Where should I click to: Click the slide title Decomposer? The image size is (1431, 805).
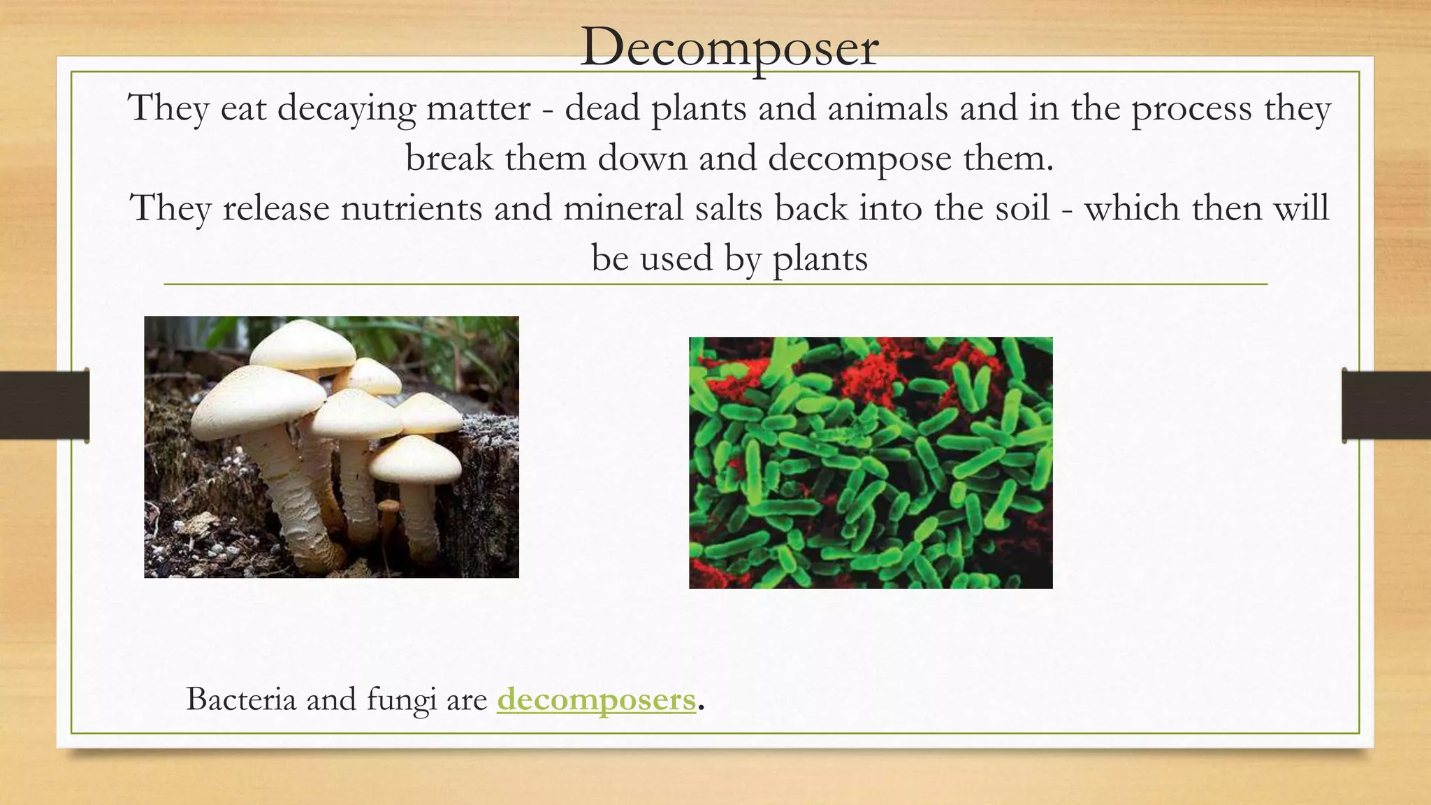click(x=729, y=48)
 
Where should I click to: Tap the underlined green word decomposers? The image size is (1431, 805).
click(x=596, y=699)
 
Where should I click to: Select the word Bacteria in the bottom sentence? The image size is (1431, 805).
click(x=241, y=699)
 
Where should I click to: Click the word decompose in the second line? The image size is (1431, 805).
click(x=859, y=159)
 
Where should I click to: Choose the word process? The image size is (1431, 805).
click(x=1191, y=110)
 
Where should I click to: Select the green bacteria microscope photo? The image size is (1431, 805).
click(x=871, y=463)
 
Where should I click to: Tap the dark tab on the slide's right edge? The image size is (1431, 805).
click(x=1386, y=405)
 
